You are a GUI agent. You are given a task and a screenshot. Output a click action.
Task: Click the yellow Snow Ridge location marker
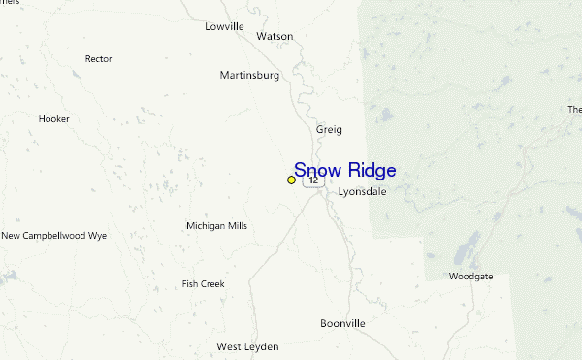[292, 180]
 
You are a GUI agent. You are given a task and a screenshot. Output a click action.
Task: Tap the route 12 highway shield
[313, 180]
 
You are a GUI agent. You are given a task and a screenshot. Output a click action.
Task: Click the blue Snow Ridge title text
[344, 170]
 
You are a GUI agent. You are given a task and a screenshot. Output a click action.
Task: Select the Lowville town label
[224, 26]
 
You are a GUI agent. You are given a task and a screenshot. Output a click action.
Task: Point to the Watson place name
[275, 36]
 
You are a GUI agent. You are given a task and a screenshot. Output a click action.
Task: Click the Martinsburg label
[249, 75]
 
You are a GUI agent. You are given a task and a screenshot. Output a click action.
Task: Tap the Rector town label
[99, 59]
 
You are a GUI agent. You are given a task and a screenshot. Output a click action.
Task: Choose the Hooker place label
[54, 119]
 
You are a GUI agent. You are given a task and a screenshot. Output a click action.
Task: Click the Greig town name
[329, 129]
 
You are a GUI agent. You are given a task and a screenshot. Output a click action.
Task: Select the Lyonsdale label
[362, 192]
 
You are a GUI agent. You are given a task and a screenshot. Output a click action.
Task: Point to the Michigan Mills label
[216, 226]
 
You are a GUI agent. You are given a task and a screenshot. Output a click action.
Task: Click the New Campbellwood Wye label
[53, 236]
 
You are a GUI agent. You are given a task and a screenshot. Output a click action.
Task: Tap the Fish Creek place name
[203, 284]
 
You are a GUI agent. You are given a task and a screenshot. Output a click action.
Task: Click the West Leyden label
[247, 346]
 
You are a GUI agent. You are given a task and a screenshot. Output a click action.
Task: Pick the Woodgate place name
[470, 277]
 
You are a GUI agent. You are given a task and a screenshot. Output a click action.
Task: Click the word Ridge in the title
[372, 170]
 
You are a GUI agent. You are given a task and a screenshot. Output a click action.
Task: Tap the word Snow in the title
[317, 170]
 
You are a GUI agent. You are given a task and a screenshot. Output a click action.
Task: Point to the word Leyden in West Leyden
[261, 346]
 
